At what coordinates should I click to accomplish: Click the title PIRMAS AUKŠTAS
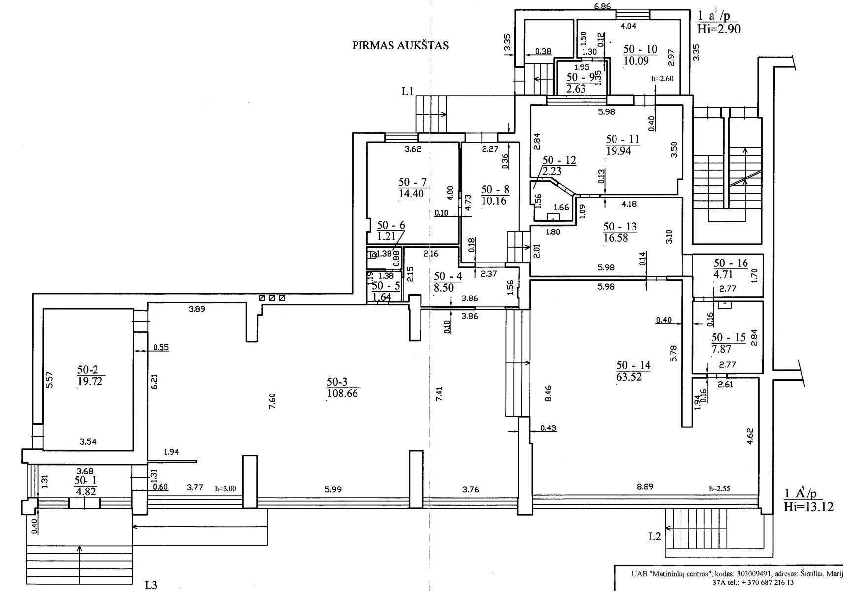pyautogui.click(x=400, y=45)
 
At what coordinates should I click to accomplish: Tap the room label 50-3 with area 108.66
pyautogui.click(x=342, y=388)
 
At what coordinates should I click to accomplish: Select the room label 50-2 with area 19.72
pyautogui.click(x=90, y=375)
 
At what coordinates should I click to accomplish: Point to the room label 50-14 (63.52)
pyautogui.click(x=633, y=371)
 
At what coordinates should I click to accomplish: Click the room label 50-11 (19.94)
pyautogui.click(x=622, y=145)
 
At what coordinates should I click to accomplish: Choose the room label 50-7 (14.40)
pyautogui.click(x=413, y=188)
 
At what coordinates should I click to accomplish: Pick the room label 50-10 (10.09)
pyautogui.click(x=640, y=55)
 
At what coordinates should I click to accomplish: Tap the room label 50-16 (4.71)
pyautogui.click(x=731, y=268)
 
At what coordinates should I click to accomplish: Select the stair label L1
pyautogui.click(x=407, y=91)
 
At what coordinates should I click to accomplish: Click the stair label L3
pyautogui.click(x=151, y=585)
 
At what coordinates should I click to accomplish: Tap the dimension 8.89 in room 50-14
pyautogui.click(x=645, y=487)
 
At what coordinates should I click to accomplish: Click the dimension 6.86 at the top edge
pyautogui.click(x=602, y=6)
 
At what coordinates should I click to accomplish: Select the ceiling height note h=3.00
pyautogui.click(x=226, y=489)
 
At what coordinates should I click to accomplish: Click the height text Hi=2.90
pyautogui.click(x=719, y=29)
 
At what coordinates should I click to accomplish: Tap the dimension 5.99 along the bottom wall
pyautogui.click(x=333, y=490)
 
